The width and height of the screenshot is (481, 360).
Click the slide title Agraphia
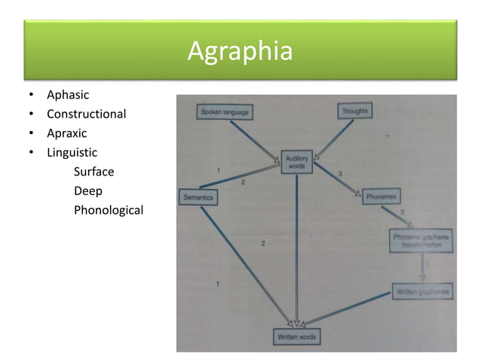point(240,52)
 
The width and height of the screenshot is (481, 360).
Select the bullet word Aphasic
point(68,95)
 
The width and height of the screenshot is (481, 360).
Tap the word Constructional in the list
point(86,114)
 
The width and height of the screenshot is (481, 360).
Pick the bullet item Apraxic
point(66,133)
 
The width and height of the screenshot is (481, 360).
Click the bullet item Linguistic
point(72,152)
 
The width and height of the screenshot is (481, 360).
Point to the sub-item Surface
point(93,172)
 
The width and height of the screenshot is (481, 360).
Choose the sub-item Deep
point(87,191)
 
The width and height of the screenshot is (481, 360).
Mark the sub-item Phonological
point(108,210)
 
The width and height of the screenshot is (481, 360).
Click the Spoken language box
point(224,112)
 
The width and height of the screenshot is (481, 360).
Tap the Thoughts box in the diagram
point(355,111)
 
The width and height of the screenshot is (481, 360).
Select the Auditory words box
point(296,161)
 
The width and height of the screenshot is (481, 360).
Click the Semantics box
point(198,197)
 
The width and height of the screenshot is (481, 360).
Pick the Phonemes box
point(382,196)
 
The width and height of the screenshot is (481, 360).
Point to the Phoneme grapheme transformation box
point(422,240)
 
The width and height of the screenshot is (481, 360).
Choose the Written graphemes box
point(423,291)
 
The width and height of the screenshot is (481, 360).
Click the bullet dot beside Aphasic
point(31,96)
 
